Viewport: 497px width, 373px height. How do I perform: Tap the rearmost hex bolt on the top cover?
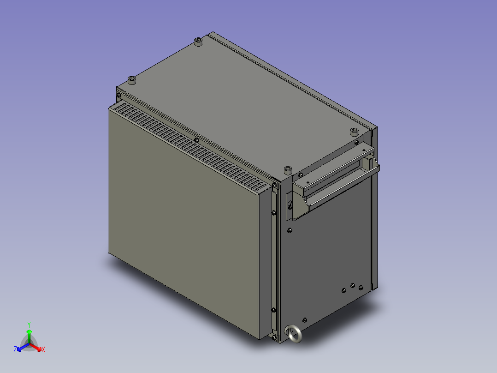(198, 42)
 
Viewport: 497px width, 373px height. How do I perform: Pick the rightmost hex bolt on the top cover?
(354, 131)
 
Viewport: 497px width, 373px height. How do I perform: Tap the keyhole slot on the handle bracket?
(290, 205)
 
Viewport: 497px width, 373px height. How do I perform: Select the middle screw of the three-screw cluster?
(353, 286)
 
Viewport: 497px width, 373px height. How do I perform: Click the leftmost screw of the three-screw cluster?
(344, 290)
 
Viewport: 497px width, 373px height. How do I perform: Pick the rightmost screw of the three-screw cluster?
(361, 289)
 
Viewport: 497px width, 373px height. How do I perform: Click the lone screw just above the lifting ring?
(305, 319)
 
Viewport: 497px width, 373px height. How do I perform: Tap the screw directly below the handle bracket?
(290, 230)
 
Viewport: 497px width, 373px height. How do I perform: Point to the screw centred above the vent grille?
(197, 139)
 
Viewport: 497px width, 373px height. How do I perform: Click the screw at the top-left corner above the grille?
(119, 96)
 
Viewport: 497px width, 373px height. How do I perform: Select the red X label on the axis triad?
(43, 350)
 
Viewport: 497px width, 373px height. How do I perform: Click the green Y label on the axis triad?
(29, 325)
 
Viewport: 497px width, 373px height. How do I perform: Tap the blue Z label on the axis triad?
(15, 350)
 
